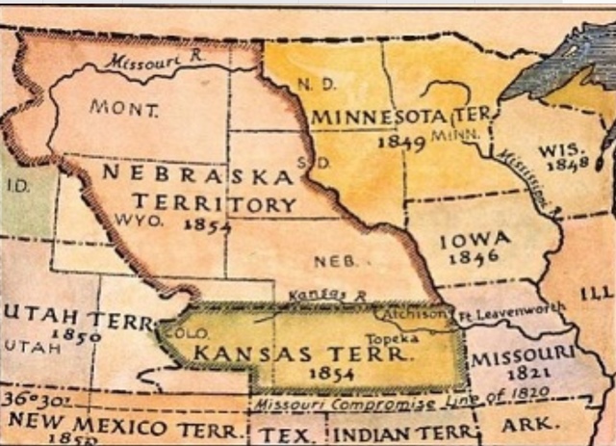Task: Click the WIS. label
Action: pyautogui.click(x=557, y=150)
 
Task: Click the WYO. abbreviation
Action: pyautogui.click(x=139, y=219)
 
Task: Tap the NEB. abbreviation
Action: pyautogui.click(x=334, y=260)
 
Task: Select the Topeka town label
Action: pyautogui.click(x=389, y=339)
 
